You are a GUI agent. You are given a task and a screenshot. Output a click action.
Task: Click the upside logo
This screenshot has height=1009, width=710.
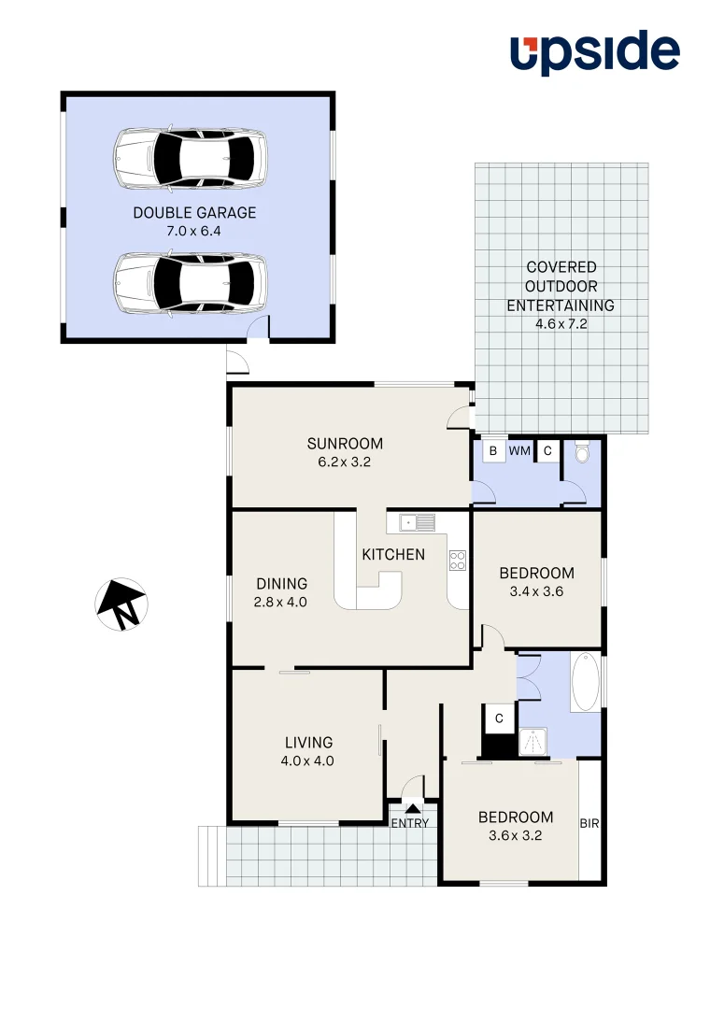click(x=594, y=53)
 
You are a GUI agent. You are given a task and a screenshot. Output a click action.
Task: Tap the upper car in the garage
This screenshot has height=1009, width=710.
click(x=191, y=157)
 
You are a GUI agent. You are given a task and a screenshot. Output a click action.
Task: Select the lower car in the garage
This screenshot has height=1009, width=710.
click(x=191, y=283)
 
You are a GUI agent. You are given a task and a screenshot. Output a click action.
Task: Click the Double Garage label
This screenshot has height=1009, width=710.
click(x=194, y=213)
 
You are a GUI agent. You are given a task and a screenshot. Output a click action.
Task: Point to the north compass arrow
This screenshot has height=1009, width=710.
click(x=121, y=604)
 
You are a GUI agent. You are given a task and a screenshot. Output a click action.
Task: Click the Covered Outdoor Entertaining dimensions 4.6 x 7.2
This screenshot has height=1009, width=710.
click(x=561, y=324)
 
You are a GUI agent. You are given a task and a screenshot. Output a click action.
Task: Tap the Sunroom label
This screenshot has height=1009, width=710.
click(x=345, y=444)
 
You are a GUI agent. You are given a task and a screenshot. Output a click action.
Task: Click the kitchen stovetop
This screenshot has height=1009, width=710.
click(x=458, y=561)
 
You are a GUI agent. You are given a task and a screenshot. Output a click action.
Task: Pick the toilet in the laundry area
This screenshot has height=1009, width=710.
click(x=583, y=453)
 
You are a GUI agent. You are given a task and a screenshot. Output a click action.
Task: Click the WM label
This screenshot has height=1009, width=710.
click(x=519, y=451)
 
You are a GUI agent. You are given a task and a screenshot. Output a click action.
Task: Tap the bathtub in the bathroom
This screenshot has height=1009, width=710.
click(x=587, y=682)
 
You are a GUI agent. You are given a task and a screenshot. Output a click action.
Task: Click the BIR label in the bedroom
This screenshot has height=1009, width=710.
click(x=589, y=824)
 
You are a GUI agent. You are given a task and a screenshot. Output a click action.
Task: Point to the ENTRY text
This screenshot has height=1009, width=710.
click(x=410, y=823)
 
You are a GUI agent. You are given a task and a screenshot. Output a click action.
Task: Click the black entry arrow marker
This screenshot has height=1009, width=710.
click(x=412, y=808)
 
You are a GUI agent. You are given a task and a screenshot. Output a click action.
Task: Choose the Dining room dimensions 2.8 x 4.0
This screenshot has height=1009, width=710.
click(x=281, y=602)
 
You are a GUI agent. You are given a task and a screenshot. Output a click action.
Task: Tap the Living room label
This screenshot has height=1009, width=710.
click(x=308, y=743)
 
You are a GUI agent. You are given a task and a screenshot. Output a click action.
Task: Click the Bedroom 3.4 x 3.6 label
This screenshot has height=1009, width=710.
click(x=536, y=573)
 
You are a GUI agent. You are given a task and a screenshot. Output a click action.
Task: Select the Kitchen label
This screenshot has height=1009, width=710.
click(x=393, y=554)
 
